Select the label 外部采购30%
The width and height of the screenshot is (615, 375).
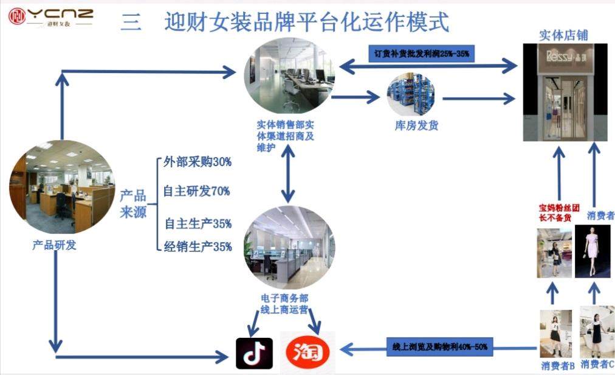198,163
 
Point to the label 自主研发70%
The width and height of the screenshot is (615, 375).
196,191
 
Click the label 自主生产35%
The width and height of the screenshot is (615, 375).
198,223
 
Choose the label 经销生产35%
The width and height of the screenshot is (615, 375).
198,247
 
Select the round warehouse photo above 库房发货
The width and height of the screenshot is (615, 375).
411,95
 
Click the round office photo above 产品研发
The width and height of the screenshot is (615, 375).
62,187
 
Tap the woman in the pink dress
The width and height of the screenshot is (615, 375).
592,250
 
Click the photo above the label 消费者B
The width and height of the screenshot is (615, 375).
555,334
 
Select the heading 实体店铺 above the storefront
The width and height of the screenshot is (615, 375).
563,35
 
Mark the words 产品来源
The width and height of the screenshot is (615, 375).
133,204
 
